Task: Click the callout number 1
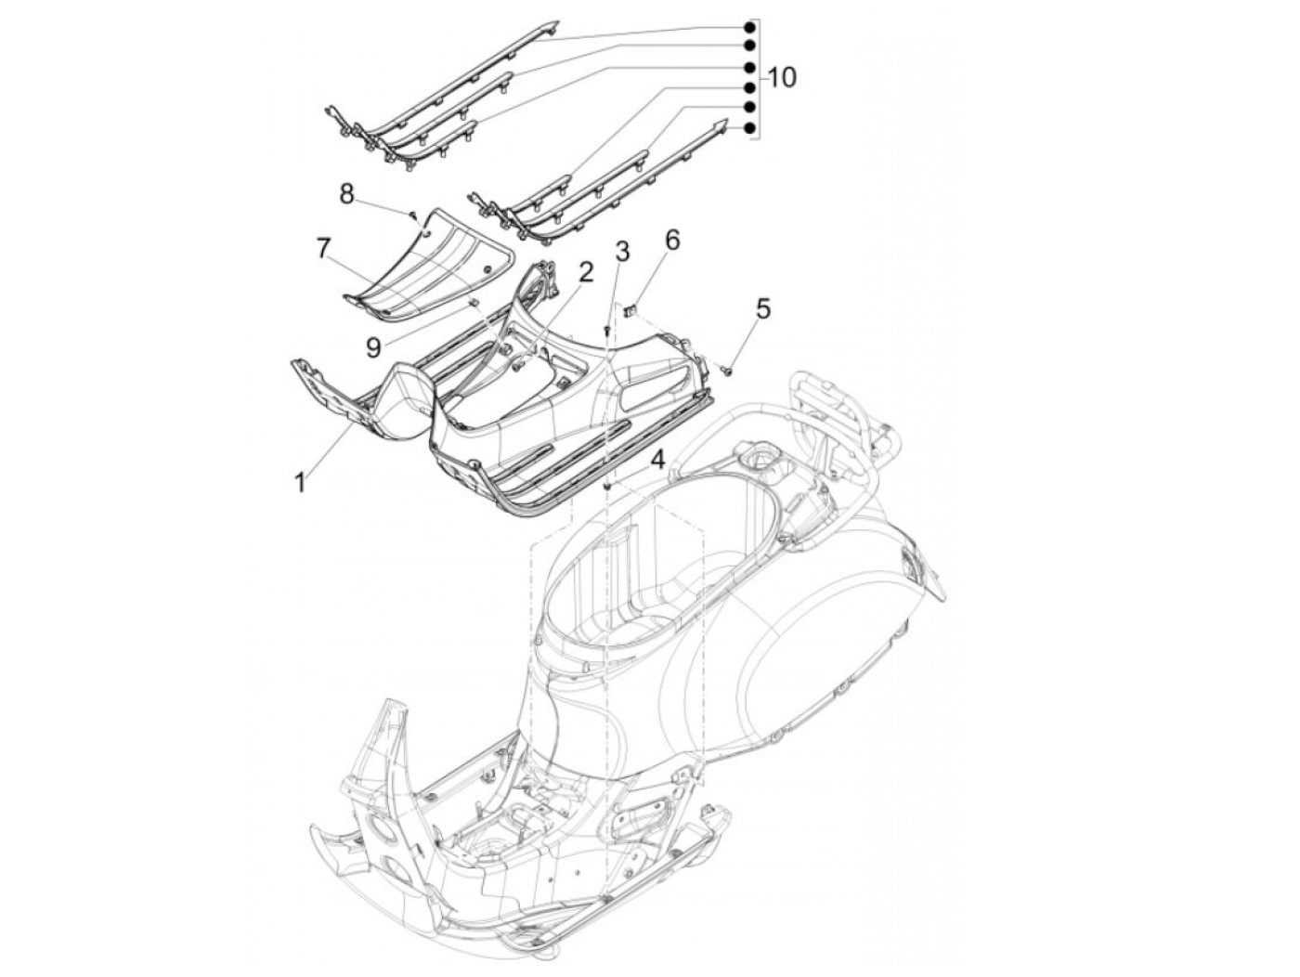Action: [300, 482]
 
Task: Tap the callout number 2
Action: [585, 271]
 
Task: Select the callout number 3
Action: [621, 251]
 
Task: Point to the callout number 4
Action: [657, 460]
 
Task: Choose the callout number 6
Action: [671, 239]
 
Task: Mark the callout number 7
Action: [323, 248]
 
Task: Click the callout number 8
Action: [346, 193]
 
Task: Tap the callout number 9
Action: [372, 347]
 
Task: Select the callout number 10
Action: [782, 78]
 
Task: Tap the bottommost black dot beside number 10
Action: [747, 128]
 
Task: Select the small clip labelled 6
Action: [630, 310]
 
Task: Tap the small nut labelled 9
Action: [471, 302]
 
